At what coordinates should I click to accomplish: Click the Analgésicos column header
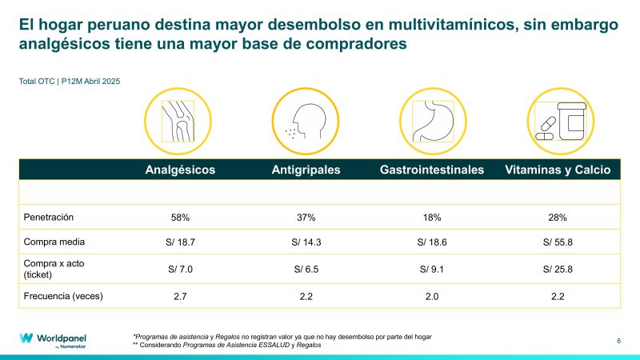coord(180,170)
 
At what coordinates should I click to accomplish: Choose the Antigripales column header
coord(306,170)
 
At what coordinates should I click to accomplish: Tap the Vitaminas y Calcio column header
coord(558,170)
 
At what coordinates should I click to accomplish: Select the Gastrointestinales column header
coord(432,170)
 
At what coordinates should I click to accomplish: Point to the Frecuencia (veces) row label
coord(64,296)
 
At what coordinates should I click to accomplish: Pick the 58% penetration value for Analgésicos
coord(180,217)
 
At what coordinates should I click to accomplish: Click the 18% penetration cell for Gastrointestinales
coord(432,217)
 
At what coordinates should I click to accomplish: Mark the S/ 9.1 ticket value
coord(432,269)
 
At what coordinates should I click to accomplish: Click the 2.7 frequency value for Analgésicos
coord(180,296)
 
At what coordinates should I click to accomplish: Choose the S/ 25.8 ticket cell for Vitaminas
coord(558,269)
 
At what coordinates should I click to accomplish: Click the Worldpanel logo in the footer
coord(54,339)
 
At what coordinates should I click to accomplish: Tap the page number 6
coord(618,341)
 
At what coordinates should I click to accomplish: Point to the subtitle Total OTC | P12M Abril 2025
coord(70,80)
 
